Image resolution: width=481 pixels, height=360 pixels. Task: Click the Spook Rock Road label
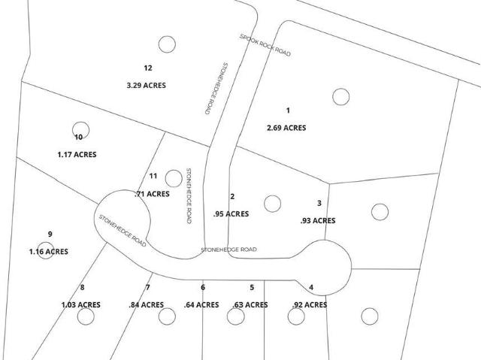[x=265, y=45]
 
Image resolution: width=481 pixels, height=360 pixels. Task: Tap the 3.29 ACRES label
[x=147, y=85]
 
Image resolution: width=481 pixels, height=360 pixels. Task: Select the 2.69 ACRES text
[x=286, y=128]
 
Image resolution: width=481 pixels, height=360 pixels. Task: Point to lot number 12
[x=148, y=68]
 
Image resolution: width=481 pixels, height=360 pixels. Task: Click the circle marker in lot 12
[x=167, y=44]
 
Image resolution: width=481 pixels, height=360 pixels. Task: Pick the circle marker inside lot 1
[x=341, y=96]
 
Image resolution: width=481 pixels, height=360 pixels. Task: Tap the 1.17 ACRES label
[x=77, y=154]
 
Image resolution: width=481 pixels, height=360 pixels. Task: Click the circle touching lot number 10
[x=80, y=129]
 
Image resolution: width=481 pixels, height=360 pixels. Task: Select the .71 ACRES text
[x=152, y=194]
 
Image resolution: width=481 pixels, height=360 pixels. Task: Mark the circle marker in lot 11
[x=174, y=177]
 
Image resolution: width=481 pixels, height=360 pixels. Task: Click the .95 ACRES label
[x=231, y=213]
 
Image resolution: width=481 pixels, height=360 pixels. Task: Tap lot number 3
[x=319, y=203]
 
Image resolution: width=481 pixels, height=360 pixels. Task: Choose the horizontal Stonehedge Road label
[x=228, y=250]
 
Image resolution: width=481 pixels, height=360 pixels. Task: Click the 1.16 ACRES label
[x=47, y=252]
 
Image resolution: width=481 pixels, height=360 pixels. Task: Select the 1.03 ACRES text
[x=81, y=304]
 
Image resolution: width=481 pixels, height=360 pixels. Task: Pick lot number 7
[x=148, y=287]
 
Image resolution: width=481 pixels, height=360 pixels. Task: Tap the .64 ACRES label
[x=201, y=304]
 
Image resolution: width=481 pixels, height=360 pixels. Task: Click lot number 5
[x=252, y=287]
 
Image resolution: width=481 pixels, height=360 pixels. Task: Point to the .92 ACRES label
[x=309, y=305]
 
